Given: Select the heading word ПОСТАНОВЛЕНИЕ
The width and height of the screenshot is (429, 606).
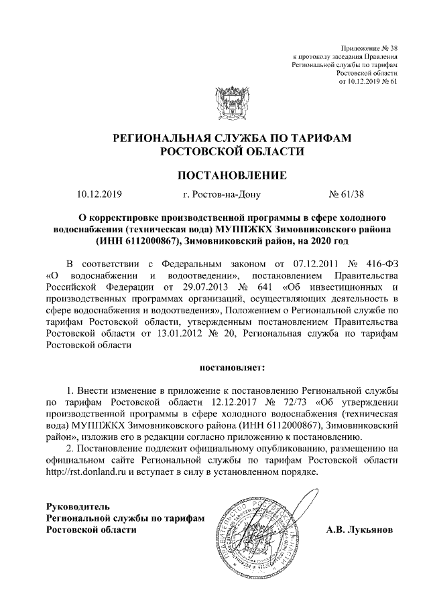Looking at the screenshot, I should pyautogui.click(x=231, y=175).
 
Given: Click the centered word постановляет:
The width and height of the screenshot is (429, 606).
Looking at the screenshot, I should pyautogui.click(x=233, y=367).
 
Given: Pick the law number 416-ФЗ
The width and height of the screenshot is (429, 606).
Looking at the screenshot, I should pyautogui.click(x=382, y=264).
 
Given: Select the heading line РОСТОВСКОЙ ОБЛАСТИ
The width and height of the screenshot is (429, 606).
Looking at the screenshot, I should pyautogui.click(x=231, y=151).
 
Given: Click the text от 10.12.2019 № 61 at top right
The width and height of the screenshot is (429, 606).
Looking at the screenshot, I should pyautogui.click(x=369, y=82).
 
